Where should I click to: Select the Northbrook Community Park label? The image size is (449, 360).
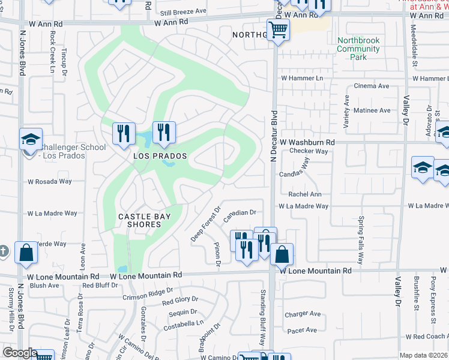[x=358, y=49]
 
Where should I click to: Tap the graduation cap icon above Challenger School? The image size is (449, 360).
[x=31, y=140]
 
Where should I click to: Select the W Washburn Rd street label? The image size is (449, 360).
[x=306, y=142]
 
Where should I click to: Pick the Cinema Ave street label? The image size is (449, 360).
[x=372, y=86]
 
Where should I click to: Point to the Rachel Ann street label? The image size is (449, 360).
[x=305, y=194]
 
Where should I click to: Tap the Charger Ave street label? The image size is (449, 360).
[x=303, y=314]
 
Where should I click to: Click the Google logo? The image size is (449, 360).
[x=20, y=353]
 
